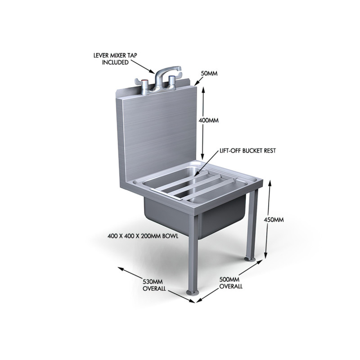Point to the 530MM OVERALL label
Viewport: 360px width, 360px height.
pos(154,285)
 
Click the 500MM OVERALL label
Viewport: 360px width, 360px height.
pos(230,283)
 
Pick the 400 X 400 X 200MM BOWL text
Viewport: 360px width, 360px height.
pos(144,235)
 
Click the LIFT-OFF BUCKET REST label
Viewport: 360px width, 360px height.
pos(247,151)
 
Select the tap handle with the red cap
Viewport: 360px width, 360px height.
pos(145,84)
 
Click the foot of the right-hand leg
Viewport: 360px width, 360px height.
pos(249,260)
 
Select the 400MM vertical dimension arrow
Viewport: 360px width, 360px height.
pos(203,121)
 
